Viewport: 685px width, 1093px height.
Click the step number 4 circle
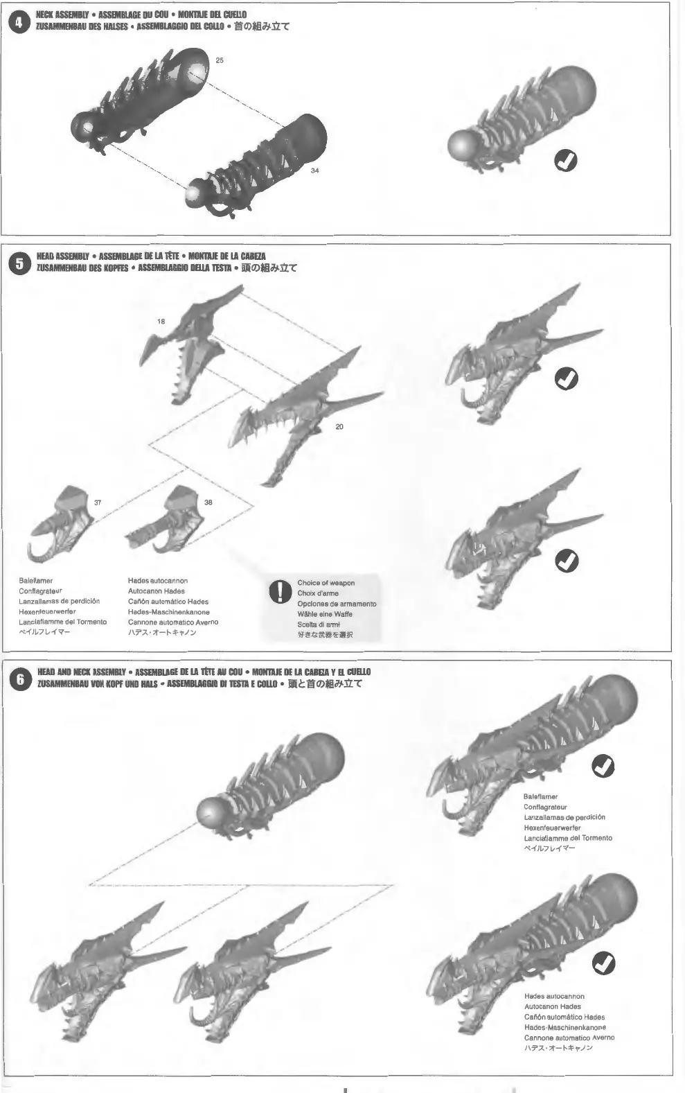click(19, 21)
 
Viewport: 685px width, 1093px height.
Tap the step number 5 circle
click(19, 263)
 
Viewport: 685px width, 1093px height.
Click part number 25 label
click(220, 60)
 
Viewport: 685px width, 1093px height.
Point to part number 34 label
click(315, 170)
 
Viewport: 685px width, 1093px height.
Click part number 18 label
click(161, 322)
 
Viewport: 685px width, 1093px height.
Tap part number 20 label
click(339, 427)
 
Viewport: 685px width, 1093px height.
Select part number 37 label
click(97, 502)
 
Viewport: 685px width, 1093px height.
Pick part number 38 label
click(208, 502)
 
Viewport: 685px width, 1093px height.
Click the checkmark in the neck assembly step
click(567, 160)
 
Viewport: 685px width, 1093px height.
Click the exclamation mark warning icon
click(279, 593)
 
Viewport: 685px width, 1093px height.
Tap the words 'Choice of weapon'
click(326, 583)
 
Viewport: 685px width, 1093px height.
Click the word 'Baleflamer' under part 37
click(36, 581)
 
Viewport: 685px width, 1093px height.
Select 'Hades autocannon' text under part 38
click(158, 581)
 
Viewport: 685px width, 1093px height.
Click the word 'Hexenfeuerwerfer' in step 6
click(552, 828)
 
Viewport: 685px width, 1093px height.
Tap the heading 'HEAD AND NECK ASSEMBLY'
click(81, 672)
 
